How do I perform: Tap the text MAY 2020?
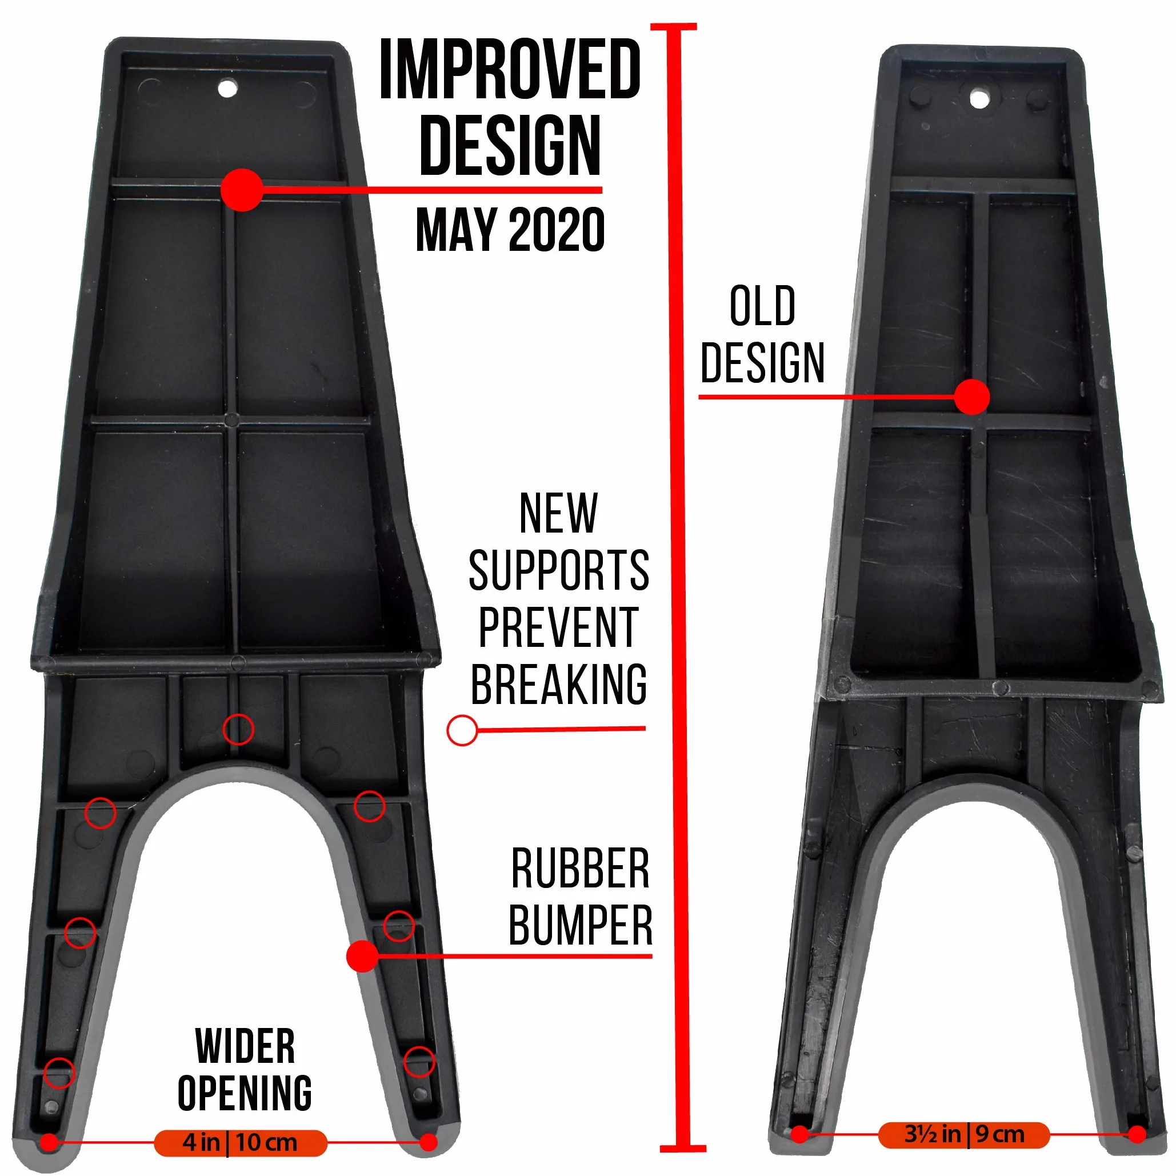point(510,230)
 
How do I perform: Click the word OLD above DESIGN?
point(762,306)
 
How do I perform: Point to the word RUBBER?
point(580,869)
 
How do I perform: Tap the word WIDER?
point(245,1046)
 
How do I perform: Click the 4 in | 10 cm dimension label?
point(241,1142)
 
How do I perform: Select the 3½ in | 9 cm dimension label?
point(964,1135)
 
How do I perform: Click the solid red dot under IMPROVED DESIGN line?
point(242,190)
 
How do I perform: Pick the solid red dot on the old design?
point(972,397)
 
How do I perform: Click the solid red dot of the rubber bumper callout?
point(363,955)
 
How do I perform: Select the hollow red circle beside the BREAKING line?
point(462,730)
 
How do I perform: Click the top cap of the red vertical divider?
point(674,27)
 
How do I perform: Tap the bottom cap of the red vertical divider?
point(683,1149)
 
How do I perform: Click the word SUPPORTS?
point(559,570)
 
